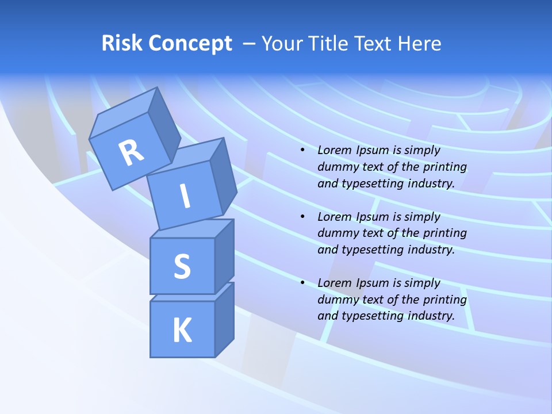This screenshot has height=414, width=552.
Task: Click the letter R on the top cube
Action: click(132, 152)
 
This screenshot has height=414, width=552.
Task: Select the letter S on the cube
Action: click(182, 266)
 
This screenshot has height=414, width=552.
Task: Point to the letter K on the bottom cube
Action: click(182, 331)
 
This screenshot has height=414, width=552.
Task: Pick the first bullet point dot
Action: click(302, 150)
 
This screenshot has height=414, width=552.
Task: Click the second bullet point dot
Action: click(302, 217)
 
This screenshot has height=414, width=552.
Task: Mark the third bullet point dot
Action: click(302, 283)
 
